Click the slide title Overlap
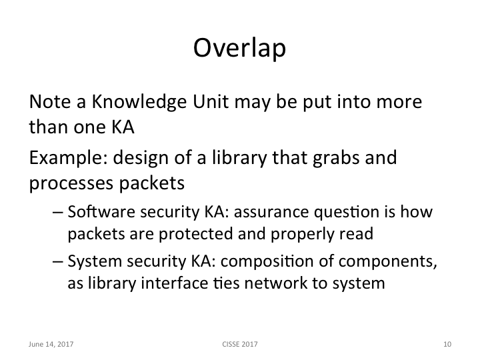(240, 48)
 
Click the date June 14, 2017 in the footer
(51, 345)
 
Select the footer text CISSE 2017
(240, 345)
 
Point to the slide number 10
(447, 345)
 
